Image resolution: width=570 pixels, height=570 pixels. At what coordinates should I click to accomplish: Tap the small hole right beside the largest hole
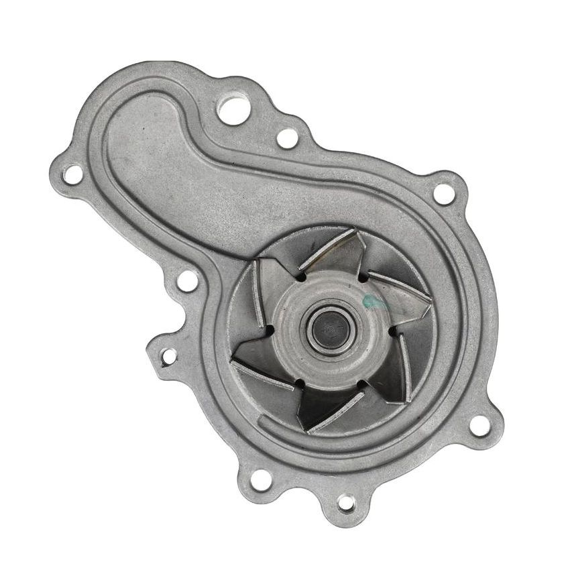point(287,138)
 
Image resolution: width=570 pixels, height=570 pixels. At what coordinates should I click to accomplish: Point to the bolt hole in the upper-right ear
point(442,193)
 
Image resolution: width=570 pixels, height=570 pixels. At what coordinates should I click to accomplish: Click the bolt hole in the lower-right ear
point(479,424)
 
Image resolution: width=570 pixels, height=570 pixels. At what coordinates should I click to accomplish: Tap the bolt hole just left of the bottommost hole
point(262,479)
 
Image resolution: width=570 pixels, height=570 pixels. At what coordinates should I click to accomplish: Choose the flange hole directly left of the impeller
point(188,281)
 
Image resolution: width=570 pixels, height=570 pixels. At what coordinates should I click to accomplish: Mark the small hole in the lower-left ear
point(169,355)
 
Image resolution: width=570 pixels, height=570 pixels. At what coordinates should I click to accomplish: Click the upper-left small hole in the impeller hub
point(301,276)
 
